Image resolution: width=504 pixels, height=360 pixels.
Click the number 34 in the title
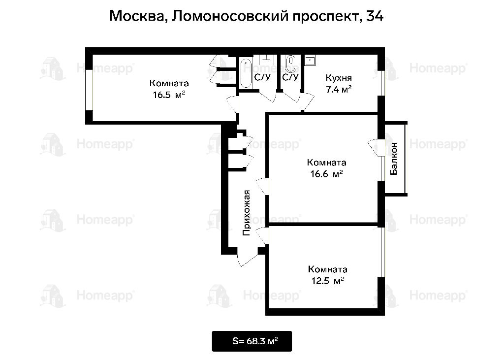[x=375, y=15]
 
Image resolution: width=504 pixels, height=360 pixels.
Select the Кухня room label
[x=339, y=77]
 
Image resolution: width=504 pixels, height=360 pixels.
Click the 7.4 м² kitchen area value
[x=339, y=89]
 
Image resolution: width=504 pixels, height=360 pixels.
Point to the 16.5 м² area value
[x=169, y=95]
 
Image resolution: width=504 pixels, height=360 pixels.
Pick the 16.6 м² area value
[x=326, y=174]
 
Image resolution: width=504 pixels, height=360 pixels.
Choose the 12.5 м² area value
[x=327, y=281]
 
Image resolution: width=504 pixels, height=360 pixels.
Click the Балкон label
[x=394, y=159]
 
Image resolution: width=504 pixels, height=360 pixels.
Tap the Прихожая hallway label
[x=246, y=213]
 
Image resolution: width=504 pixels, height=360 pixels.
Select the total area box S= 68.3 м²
[x=252, y=341]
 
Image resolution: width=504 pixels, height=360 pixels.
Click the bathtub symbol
[x=246, y=73]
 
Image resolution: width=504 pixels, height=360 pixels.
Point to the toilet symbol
[x=291, y=64]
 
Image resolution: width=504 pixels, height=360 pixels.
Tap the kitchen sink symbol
[x=310, y=60]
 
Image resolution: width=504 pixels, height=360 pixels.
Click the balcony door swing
[x=374, y=147]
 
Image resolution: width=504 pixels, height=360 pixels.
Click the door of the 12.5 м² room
[x=262, y=236]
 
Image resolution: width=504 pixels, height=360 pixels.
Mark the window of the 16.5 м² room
[x=89, y=91]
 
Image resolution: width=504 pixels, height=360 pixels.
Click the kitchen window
[x=381, y=83]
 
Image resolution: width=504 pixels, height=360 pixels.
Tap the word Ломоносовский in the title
[x=229, y=16]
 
